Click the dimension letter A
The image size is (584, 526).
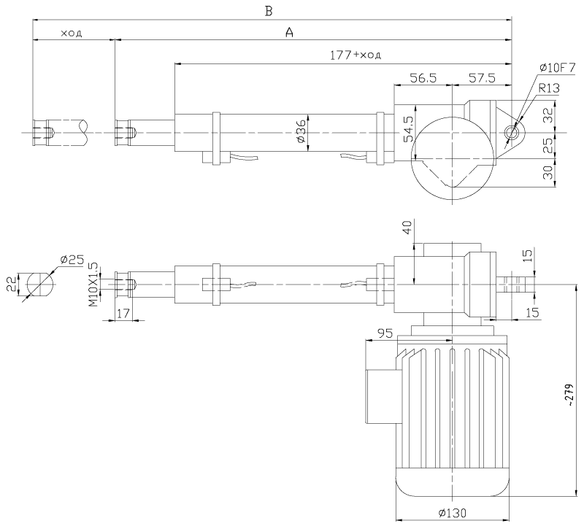click(289, 33)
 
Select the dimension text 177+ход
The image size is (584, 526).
click(357, 54)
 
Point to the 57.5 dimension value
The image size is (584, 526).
click(482, 77)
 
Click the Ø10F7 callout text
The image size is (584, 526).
click(558, 67)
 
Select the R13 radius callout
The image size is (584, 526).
click(549, 88)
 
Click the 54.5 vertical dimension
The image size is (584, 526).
click(409, 128)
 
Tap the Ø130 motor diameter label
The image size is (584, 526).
click(453, 512)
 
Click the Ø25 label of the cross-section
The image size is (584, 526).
click(73, 259)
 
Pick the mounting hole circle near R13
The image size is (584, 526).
click(511, 133)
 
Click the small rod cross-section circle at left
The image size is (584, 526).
click(39, 283)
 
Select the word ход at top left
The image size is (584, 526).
click(72, 33)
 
